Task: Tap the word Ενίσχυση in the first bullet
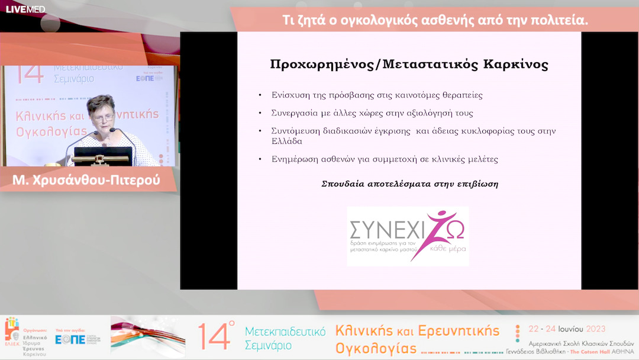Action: coord(290,95)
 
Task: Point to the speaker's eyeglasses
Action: coord(102,117)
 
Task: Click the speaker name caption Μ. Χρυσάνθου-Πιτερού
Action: coord(86,180)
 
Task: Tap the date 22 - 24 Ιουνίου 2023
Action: coord(567,329)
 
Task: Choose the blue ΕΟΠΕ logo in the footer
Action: coord(70,340)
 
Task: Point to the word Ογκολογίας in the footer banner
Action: coord(375,347)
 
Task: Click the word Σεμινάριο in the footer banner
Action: coord(269,345)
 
